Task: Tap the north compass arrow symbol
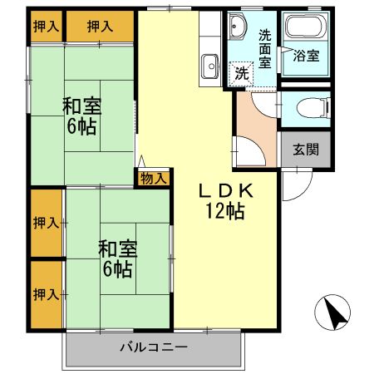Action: (x=333, y=314)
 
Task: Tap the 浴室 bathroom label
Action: (x=305, y=57)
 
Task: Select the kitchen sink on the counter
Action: (x=208, y=64)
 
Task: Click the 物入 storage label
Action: (x=154, y=178)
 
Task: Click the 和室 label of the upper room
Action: (x=81, y=106)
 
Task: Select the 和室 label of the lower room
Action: (x=117, y=249)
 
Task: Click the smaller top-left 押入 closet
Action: (x=47, y=27)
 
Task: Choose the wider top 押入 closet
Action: (x=101, y=27)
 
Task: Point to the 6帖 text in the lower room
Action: (x=117, y=269)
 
